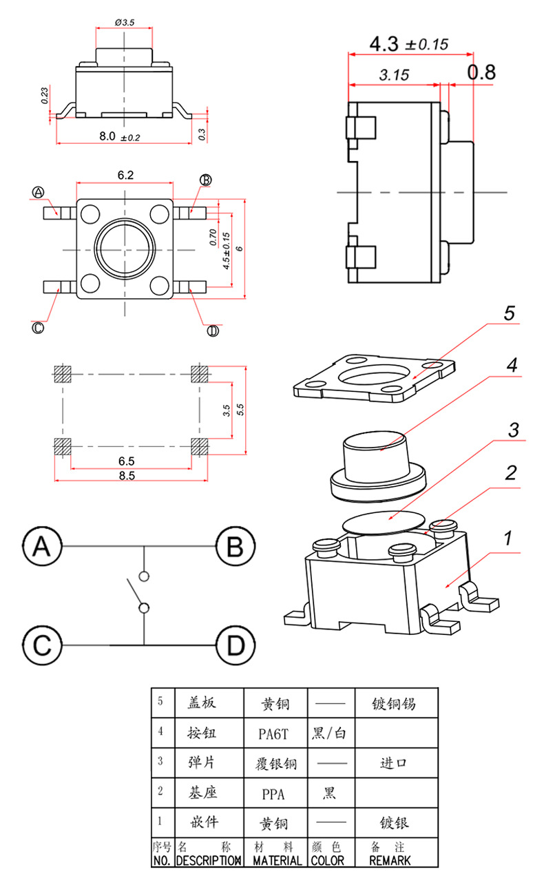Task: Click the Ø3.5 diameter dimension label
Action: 125,23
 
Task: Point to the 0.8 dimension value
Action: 481,72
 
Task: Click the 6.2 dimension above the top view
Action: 125,176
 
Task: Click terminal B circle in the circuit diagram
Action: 236,547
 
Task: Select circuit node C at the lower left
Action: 43,646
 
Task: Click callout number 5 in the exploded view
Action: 509,314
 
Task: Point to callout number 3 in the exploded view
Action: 513,430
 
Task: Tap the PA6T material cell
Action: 273,733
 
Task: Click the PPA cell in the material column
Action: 273,793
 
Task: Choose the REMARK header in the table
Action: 390,860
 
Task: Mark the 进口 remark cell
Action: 395,763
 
